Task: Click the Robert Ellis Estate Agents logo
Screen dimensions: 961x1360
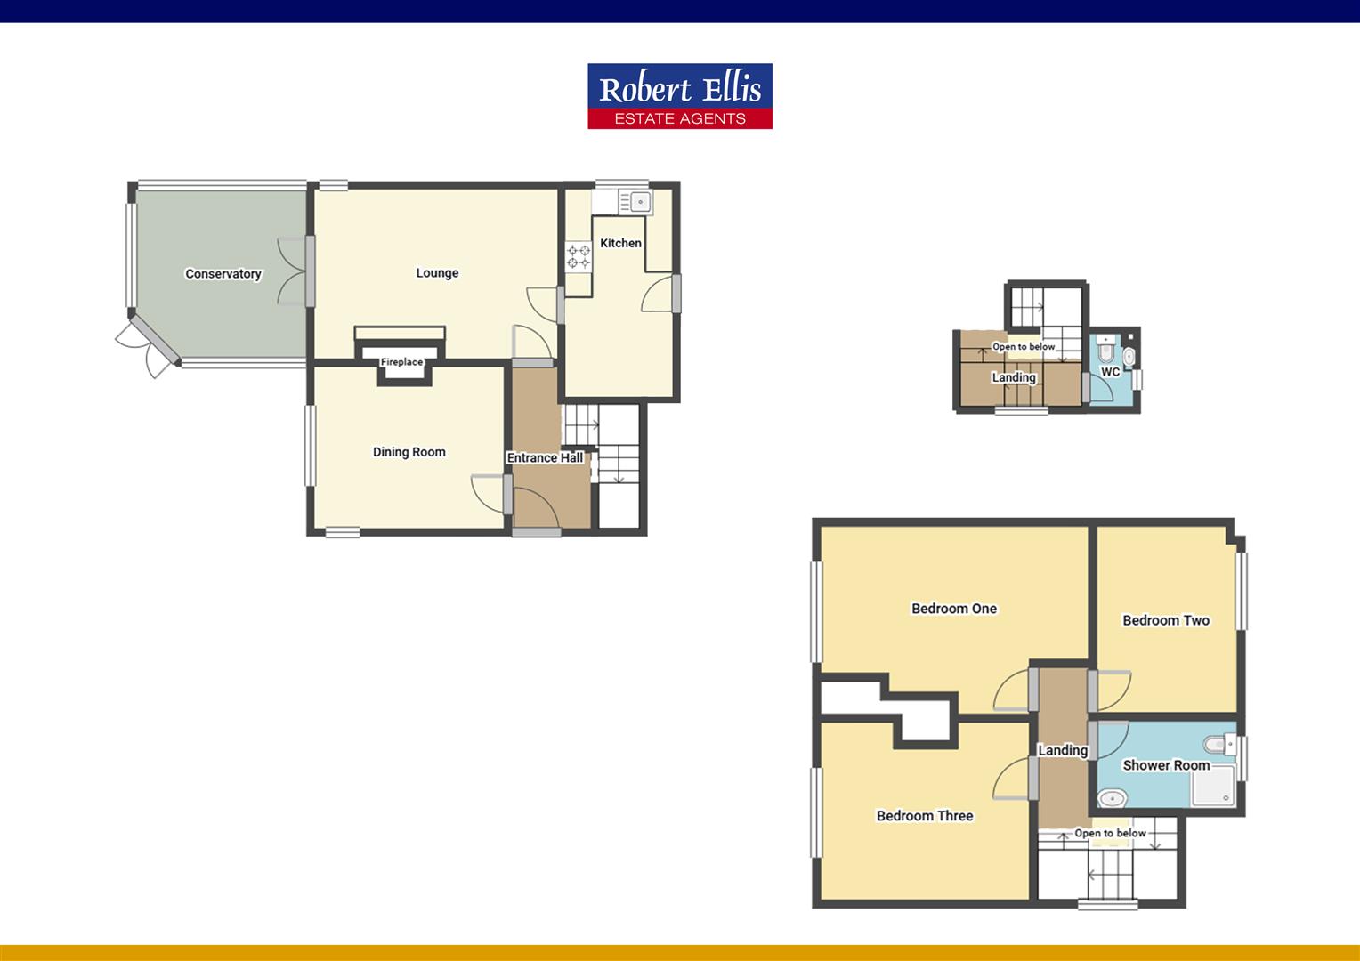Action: coord(679,96)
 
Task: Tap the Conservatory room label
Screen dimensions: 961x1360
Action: coord(223,274)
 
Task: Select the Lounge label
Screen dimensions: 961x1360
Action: coord(437,273)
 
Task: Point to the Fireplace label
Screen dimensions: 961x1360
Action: coord(401,362)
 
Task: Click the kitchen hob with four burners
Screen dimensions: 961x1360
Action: coord(579,257)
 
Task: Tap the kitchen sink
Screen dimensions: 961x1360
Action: coord(638,202)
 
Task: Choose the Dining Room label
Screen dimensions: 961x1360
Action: coord(409,452)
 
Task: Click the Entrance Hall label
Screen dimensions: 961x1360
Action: coord(545,458)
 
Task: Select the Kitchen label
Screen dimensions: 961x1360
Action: coord(620,243)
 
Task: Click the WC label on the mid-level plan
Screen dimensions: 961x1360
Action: coord(1110,372)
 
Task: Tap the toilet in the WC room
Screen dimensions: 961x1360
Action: coord(1104,341)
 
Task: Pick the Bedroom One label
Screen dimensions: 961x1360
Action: coord(954,609)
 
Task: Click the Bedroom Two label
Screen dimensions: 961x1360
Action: coord(1166,620)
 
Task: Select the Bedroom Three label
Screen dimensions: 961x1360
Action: coord(925,816)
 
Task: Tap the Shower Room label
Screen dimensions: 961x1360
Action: coord(1166,765)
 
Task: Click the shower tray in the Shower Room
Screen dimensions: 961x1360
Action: coord(1213,787)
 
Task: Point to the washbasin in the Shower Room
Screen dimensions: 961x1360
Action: coord(1112,798)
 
